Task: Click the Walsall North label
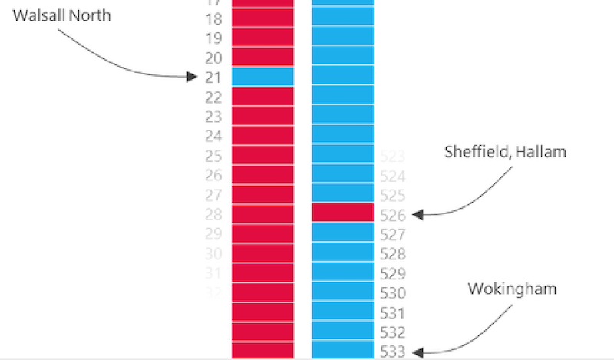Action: (61, 15)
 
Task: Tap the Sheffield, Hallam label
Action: (505, 152)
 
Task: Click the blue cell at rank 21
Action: (263, 77)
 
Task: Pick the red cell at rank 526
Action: (342, 213)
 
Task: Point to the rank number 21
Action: (214, 78)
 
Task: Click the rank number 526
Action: (392, 215)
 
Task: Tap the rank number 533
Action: (392, 352)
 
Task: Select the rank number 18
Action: (214, 18)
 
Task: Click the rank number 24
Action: (214, 137)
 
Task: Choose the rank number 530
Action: (392, 293)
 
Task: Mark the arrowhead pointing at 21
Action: (193, 77)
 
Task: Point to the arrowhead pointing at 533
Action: (417, 352)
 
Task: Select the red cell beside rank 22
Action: (263, 97)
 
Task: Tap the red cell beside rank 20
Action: (263, 57)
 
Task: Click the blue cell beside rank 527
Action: (342, 233)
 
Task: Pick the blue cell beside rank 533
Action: (342, 351)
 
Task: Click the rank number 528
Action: (392, 254)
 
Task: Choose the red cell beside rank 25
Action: (263, 155)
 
